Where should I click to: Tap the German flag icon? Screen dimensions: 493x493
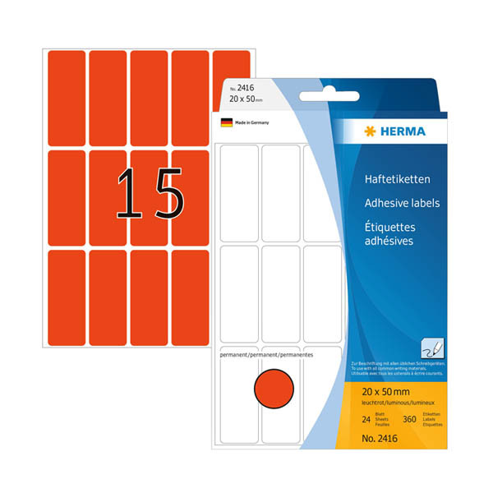pos(226,122)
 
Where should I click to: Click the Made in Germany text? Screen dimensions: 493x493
pos(251,122)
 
